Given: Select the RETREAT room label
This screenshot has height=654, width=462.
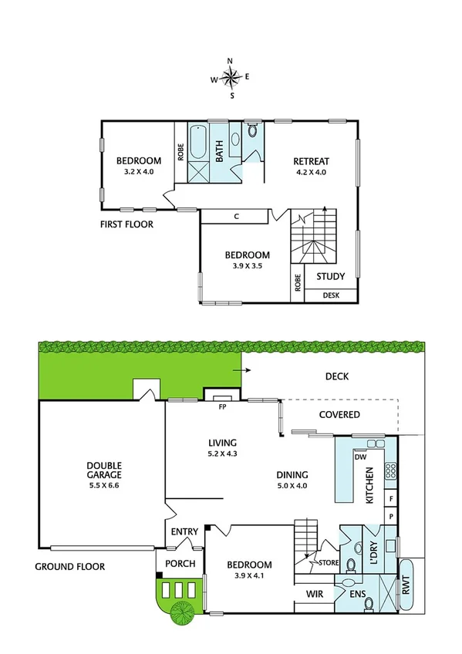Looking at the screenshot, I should [x=311, y=161].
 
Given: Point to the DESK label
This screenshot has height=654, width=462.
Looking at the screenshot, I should [x=332, y=295].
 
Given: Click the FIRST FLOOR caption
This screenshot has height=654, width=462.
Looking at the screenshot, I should [x=126, y=225].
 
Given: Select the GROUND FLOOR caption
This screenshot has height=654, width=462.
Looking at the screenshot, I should [x=69, y=566].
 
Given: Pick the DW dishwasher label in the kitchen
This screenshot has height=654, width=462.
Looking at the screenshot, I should [x=359, y=457].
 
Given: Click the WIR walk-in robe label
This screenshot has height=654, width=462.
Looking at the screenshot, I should [x=313, y=594].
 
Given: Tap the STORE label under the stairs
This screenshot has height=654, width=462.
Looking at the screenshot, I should [x=329, y=563].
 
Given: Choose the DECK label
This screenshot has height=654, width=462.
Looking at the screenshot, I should [x=337, y=377].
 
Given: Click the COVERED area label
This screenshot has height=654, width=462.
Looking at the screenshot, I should [x=339, y=414].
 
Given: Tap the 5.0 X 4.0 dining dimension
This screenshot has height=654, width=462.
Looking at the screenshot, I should [x=292, y=486].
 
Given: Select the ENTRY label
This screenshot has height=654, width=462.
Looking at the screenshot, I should [x=184, y=531].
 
